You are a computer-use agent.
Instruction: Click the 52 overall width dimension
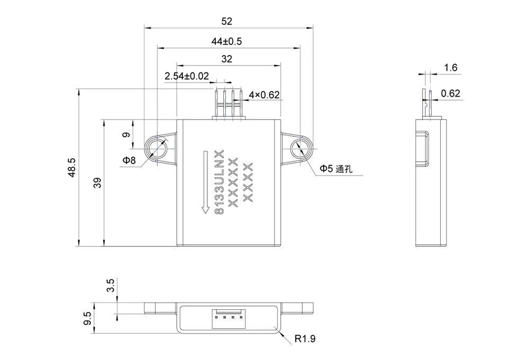(x=226, y=22)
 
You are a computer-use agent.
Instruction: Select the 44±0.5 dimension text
(x=226, y=41)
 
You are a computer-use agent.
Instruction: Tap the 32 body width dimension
(x=226, y=59)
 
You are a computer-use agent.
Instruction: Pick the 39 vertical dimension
(x=97, y=183)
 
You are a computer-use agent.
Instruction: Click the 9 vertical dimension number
(x=126, y=135)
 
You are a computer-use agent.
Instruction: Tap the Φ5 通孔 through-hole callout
(x=336, y=169)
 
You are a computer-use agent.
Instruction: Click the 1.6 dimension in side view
(x=451, y=68)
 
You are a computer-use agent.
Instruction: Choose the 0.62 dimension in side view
(x=451, y=94)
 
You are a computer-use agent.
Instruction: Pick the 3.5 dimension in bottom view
(x=110, y=286)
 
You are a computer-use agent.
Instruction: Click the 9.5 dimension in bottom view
(x=87, y=319)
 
